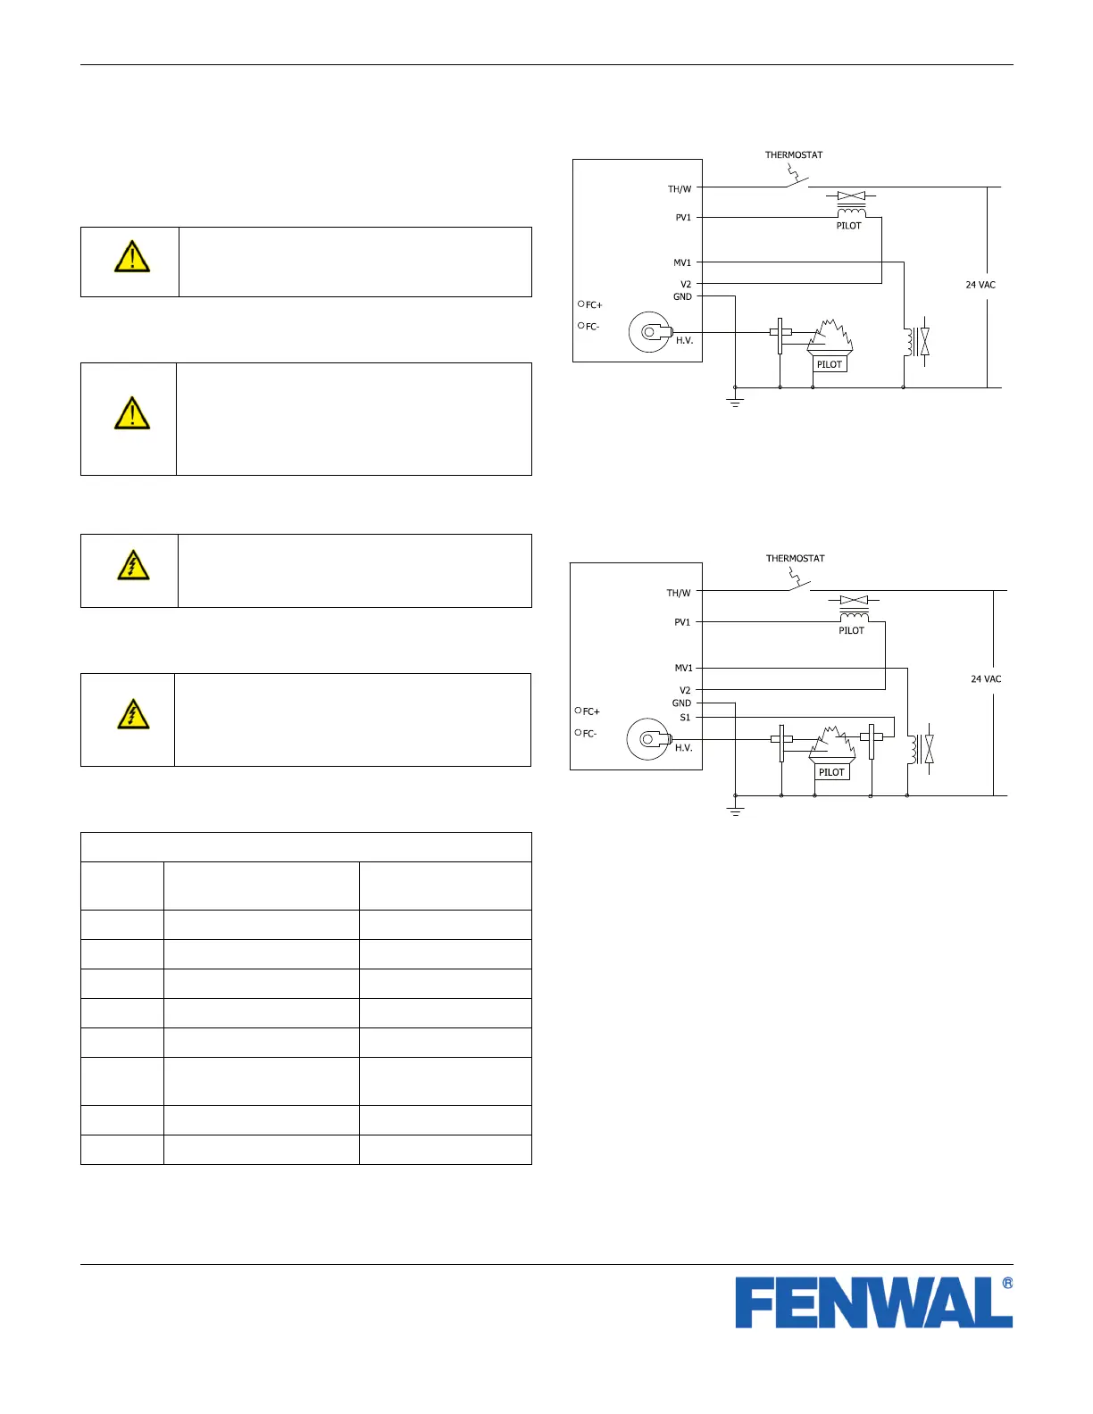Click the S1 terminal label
click(x=685, y=717)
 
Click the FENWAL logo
click(x=873, y=1302)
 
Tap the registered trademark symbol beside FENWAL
click(x=1007, y=1284)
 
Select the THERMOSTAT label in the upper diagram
click(x=794, y=155)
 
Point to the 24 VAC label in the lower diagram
click(x=986, y=679)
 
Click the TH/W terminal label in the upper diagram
click(x=680, y=189)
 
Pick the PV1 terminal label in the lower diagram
click(x=682, y=622)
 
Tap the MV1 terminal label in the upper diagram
click(x=682, y=262)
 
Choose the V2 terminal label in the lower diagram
click(x=685, y=690)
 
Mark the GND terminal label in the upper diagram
click(x=682, y=296)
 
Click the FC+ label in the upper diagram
click(x=593, y=305)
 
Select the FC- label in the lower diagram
click(x=589, y=734)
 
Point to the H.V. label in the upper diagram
click(x=684, y=340)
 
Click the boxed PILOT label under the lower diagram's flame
click(x=831, y=772)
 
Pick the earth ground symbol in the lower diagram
click(x=736, y=811)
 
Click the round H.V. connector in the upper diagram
click(x=649, y=333)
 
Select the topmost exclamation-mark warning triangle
click(x=132, y=257)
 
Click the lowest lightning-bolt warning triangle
click(x=133, y=715)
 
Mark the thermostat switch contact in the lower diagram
click(x=797, y=585)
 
